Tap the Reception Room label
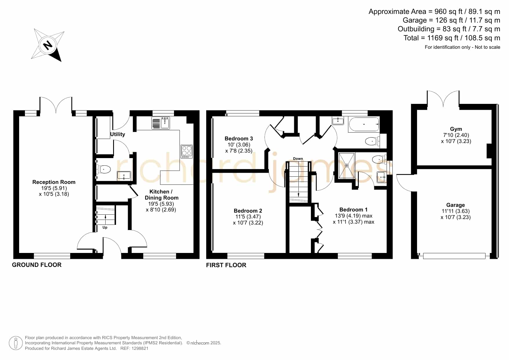(x=54, y=182)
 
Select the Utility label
(x=117, y=134)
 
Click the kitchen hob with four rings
(x=186, y=151)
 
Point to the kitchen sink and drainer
(x=161, y=123)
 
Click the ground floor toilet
(x=104, y=169)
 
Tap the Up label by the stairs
(x=105, y=227)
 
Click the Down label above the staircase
(x=298, y=159)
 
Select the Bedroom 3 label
(x=239, y=139)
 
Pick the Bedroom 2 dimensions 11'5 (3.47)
(x=248, y=217)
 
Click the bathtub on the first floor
(x=364, y=124)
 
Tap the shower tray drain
(x=347, y=166)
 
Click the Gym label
(x=456, y=129)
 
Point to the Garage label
(x=456, y=205)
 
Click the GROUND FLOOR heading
(x=37, y=265)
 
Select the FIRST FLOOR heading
(x=226, y=265)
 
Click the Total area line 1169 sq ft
(x=452, y=38)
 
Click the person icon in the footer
(x=16, y=343)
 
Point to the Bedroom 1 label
(x=354, y=210)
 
